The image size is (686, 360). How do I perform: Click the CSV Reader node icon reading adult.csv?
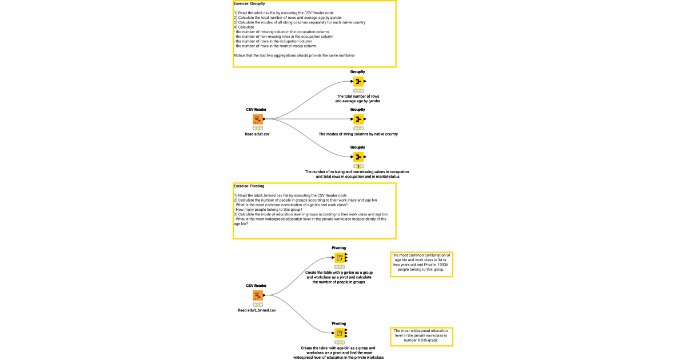pos(257,119)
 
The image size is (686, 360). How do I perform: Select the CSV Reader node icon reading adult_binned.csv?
pos(257,295)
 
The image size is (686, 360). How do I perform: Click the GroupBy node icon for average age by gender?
pos(358,81)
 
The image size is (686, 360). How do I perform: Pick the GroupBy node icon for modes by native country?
pos(358,119)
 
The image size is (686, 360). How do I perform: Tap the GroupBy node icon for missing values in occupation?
pos(358,157)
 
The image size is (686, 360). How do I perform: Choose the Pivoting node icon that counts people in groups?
pos(339,257)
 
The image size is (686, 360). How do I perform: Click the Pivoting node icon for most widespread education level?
pos(339,333)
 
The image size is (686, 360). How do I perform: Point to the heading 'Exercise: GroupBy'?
pos(249,3)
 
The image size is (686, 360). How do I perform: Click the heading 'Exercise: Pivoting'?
pos(249,186)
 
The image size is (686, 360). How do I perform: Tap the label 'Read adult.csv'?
pos(257,134)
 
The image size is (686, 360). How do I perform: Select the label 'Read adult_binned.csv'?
pos(257,310)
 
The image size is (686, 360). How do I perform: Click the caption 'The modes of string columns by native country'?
pos(358,134)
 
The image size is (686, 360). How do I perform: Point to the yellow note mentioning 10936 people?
pos(421,264)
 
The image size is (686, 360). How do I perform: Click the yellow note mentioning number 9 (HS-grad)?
pos(421,337)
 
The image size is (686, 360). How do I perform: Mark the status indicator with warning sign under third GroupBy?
pos(358,166)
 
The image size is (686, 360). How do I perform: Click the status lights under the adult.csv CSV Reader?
pos(257,128)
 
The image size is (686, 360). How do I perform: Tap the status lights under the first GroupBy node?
pos(358,90)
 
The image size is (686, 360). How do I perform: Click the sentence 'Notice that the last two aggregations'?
pos(294,55)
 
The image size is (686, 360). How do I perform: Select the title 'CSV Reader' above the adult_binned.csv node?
pos(256,286)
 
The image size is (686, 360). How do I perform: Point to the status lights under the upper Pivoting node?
pos(339,266)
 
